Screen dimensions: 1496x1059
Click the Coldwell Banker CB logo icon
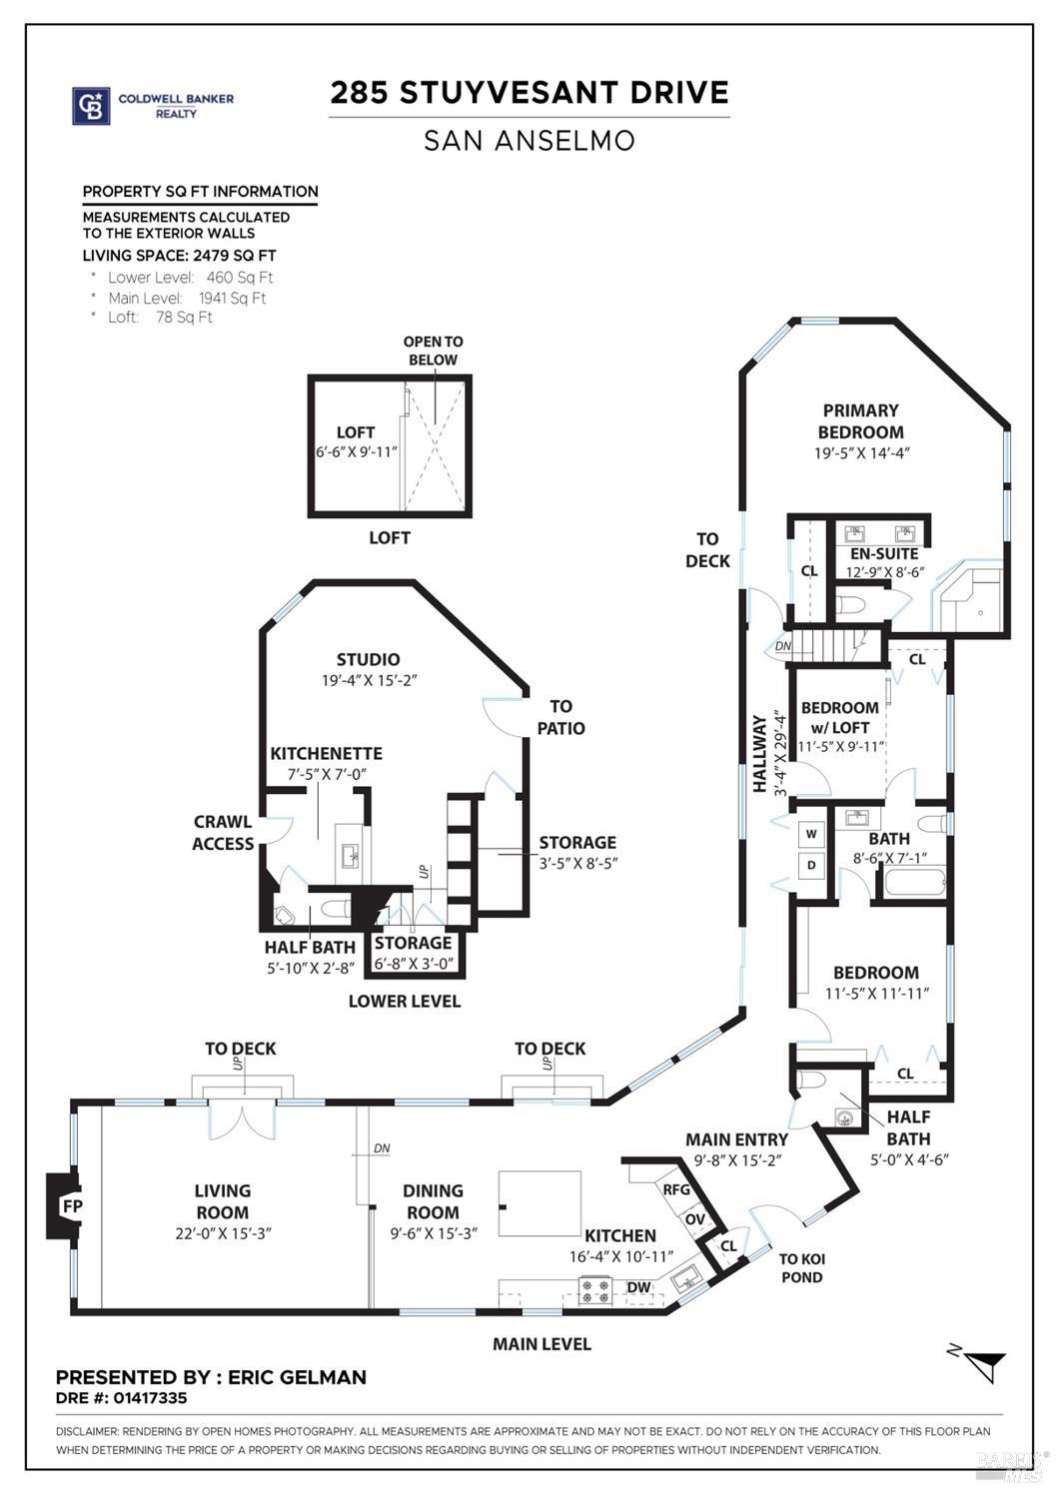click(x=91, y=106)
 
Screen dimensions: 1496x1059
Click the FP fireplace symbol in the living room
click(x=71, y=1205)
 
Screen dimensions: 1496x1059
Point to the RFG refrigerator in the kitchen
click(x=676, y=1189)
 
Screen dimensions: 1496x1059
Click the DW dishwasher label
click(x=638, y=1287)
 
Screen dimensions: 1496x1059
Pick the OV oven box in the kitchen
click(x=694, y=1219)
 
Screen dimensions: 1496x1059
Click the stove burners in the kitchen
click(x=596, y=1292)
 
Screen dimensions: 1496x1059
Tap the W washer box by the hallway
click(x=811, y=834)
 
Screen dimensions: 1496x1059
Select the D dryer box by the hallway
click(x=811, y=865)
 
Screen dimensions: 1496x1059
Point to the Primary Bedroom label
click(x=860, y=421)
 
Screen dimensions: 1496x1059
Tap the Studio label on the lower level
click(x=368, y=659)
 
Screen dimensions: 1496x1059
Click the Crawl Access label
click(x=223, y=833)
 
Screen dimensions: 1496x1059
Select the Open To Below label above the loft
click(x=433, y=351)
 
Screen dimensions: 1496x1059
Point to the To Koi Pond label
click(x=801, y=1268)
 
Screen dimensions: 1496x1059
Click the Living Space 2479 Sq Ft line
click(x=179, y=256)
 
